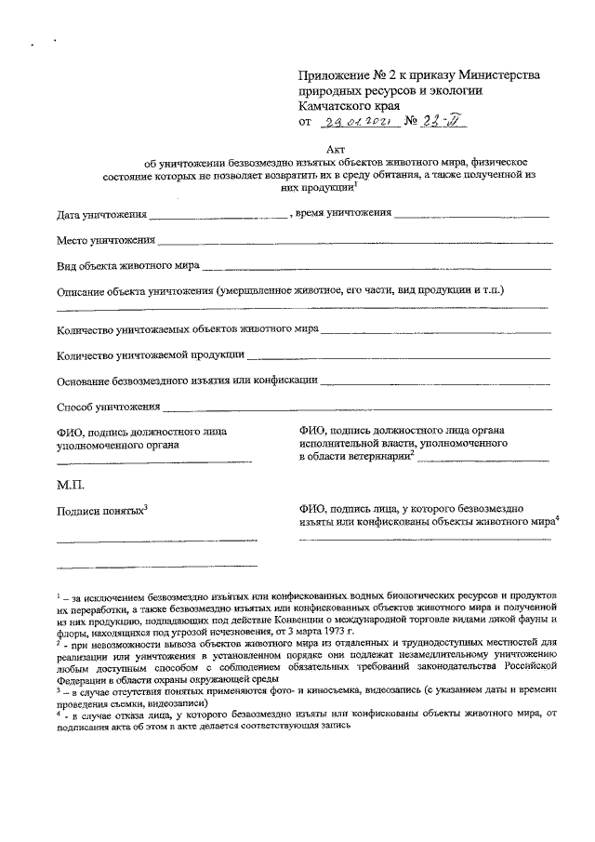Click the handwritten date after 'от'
click(358, 121)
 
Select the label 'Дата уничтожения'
click(100, 216)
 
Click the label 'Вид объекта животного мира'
click(127, 265)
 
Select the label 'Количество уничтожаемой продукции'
click(151, 354)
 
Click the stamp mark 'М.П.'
click(71, 485)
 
